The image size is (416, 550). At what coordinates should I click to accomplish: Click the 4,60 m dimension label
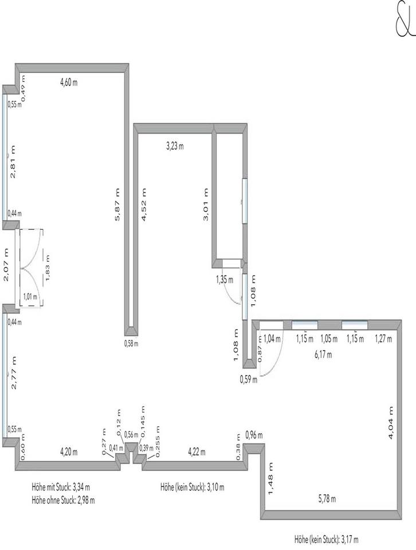69,82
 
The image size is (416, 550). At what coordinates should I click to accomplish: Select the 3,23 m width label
175,146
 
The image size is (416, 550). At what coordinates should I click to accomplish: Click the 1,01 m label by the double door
30,297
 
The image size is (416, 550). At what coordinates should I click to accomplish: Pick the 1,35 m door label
225,280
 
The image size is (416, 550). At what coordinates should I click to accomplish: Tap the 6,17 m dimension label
324,355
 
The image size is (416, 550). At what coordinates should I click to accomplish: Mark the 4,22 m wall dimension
197,452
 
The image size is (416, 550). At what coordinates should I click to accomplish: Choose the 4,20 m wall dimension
68,452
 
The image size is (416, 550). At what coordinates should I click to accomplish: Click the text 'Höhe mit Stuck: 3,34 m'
61,488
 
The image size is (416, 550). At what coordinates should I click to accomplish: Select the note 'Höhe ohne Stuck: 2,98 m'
63,499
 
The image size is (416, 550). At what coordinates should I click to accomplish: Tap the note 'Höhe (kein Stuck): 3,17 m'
326,539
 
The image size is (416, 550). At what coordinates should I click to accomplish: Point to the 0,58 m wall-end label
131,343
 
